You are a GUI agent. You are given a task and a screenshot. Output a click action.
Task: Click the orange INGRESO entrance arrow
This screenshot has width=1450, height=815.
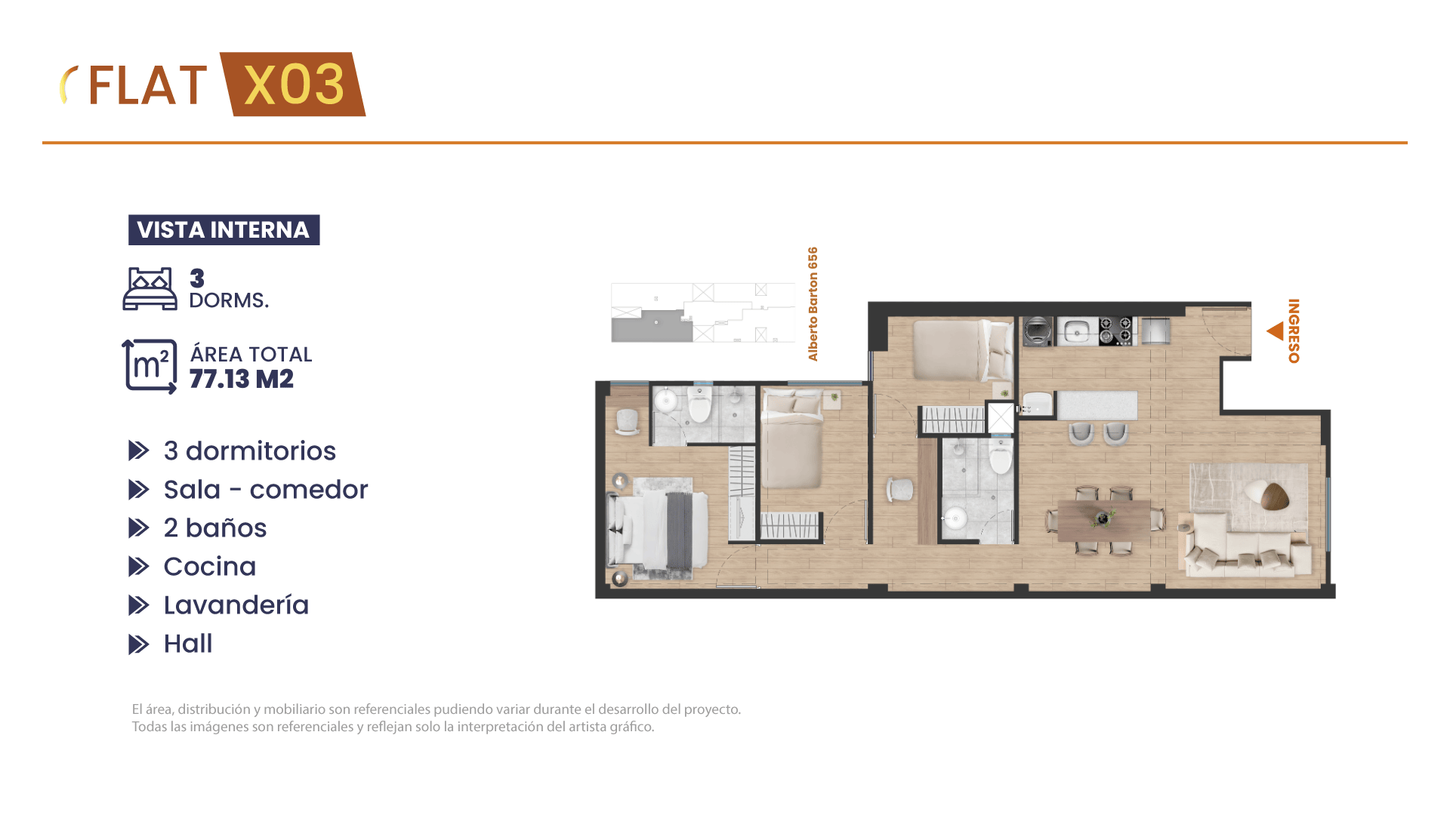1276,331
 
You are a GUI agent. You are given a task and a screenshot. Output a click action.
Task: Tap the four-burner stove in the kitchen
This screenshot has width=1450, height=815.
1115,331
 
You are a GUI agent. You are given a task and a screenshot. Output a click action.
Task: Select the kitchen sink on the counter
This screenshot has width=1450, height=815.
1077,331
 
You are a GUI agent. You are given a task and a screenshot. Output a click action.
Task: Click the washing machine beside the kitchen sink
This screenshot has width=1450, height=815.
1038,331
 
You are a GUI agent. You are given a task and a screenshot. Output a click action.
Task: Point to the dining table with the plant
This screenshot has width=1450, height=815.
1104,520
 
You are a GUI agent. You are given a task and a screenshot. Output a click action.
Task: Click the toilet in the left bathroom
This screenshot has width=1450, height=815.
700,404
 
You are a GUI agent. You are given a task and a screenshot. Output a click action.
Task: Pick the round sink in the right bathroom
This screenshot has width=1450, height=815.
955,518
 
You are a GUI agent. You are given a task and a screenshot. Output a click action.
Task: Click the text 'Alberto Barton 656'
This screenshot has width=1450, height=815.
813,304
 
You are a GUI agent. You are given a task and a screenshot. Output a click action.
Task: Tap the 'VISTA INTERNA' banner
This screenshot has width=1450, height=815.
224,229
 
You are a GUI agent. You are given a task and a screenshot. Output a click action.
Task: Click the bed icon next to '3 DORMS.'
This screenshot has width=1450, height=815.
150,288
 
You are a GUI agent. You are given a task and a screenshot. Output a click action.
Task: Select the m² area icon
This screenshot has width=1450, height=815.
150,367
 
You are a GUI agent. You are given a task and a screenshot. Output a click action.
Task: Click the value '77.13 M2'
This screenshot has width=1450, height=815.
242,379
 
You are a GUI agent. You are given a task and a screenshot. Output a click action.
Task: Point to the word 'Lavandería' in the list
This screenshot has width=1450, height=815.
236,605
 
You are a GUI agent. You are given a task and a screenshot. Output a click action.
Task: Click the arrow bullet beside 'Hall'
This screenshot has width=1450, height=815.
139,644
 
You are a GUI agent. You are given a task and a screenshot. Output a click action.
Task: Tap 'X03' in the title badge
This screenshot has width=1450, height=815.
295,84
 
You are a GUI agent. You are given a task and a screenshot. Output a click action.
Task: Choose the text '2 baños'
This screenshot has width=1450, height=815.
215,528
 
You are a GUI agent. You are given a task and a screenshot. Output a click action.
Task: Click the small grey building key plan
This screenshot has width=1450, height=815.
703,312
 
